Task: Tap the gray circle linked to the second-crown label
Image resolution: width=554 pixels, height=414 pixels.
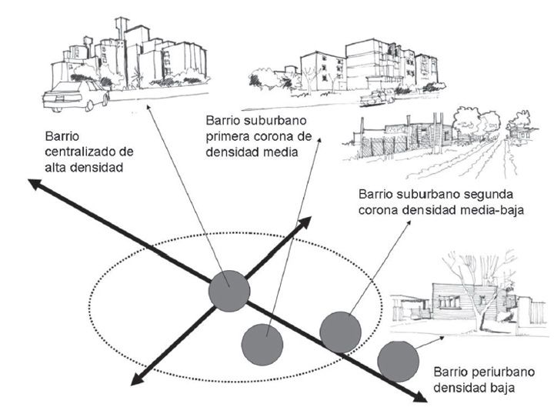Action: click(339, 331)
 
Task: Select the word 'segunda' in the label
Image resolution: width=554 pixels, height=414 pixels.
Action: click(476, 193)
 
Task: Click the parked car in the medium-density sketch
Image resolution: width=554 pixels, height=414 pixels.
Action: click(377, 97)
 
